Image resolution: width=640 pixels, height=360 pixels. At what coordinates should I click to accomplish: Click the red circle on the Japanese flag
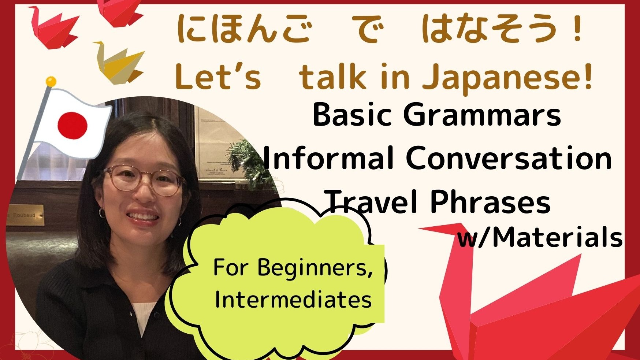pos(72,125)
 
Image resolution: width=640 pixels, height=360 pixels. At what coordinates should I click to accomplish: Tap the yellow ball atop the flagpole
pos(51,81)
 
